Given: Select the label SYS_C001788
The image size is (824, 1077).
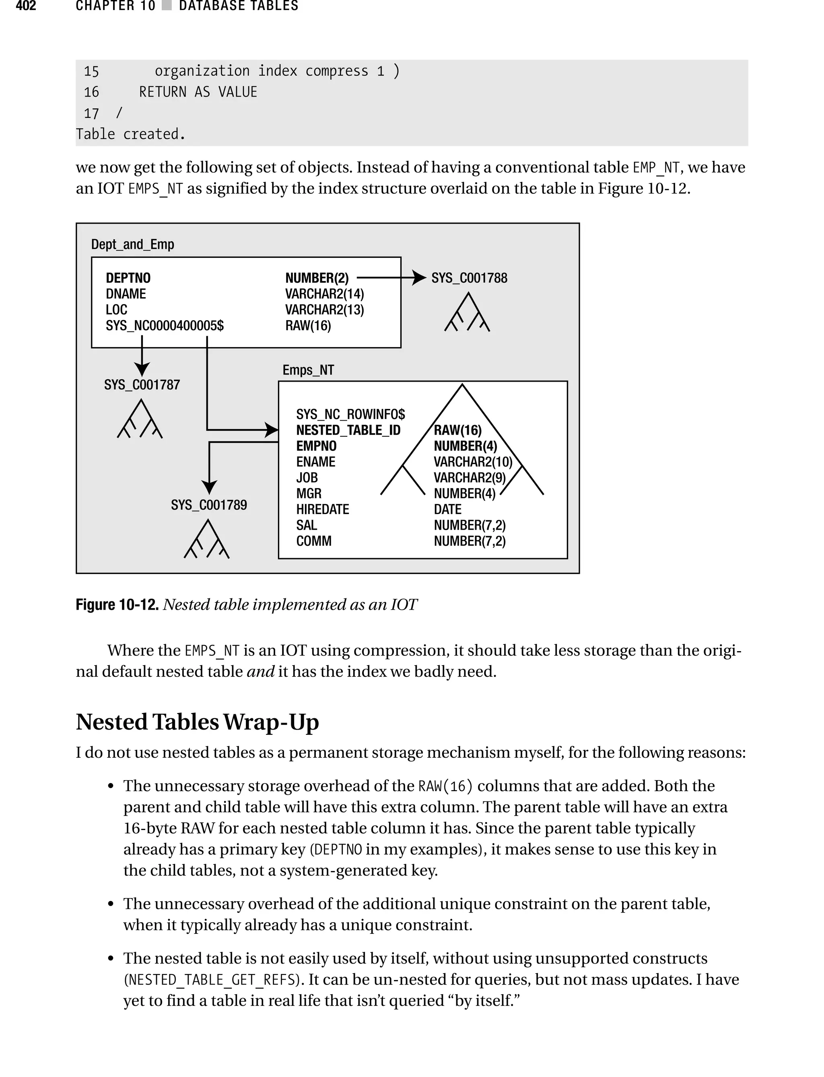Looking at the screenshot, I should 469,278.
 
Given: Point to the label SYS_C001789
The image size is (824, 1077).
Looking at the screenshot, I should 208,505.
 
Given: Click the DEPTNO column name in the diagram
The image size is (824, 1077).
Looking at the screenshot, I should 128,278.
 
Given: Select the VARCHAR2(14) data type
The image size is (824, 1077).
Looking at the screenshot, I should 324,294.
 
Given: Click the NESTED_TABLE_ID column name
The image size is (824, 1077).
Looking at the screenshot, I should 348,430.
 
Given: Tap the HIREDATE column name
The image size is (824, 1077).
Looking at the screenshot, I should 322,509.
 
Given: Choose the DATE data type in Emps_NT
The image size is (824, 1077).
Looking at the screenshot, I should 447,509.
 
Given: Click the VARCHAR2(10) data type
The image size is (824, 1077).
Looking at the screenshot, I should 472,462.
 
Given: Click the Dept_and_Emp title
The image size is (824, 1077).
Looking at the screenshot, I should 132,244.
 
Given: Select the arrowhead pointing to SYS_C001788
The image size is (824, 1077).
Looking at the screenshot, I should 418,278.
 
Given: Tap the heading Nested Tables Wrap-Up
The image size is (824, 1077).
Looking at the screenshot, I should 197,722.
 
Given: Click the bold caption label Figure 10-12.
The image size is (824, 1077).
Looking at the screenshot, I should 117,605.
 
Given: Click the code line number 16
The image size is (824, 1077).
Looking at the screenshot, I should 91,92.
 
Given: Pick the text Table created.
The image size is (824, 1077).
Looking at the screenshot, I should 130,134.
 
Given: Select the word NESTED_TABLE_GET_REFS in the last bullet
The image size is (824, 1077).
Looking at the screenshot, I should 211,979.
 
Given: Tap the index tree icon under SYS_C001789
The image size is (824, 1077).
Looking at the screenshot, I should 207,539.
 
